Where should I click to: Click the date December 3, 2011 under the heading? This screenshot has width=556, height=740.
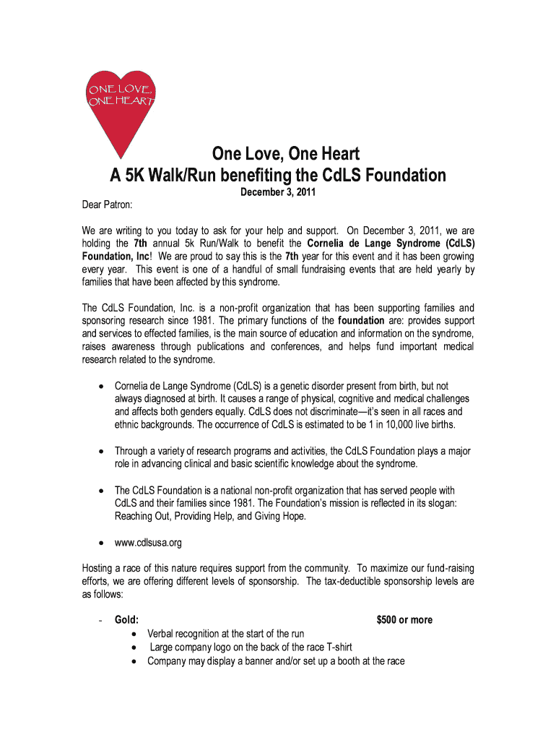(x=278, y=194)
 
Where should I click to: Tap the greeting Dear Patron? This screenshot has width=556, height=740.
(x=107, y=206)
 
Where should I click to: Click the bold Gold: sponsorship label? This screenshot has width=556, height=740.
(x=127, y=619)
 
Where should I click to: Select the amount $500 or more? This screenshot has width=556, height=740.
(x=404, y=619)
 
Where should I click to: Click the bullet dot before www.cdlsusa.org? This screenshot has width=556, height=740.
(x=100, y=543)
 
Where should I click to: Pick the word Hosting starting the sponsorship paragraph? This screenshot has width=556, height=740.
(x=98, y=568)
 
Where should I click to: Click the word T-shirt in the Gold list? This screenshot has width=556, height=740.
(x=335, y=647)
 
